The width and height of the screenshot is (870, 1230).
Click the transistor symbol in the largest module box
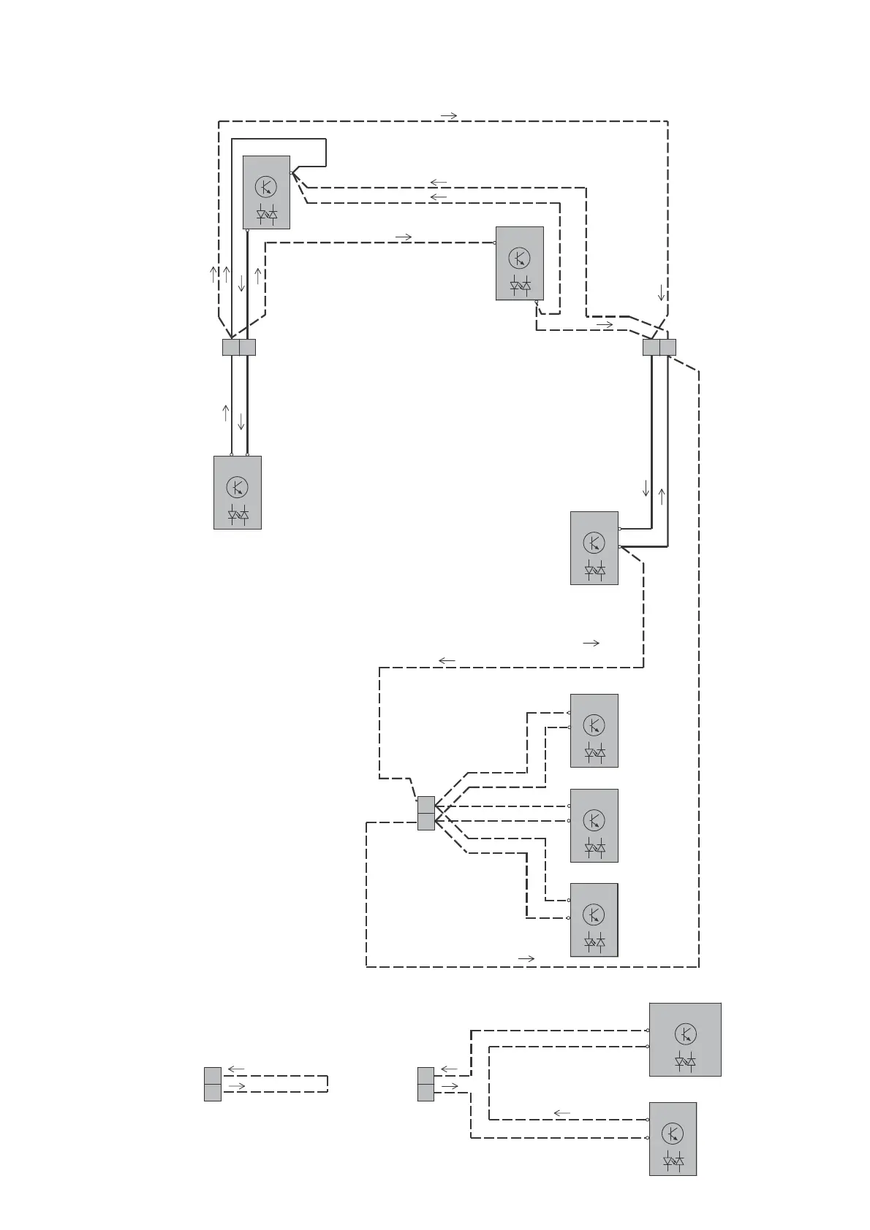(685, 1034)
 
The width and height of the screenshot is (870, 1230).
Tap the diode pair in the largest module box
(685, 1061)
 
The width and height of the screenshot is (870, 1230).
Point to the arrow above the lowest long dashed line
(526, 958)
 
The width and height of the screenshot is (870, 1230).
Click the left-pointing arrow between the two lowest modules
(561, 1113)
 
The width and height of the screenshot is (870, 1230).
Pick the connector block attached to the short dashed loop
(213, 1084)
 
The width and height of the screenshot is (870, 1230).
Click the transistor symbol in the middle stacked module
(594, 820)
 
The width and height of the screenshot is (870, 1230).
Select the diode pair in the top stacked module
(594, 752)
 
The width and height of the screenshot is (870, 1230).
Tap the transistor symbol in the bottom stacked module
(594, 914)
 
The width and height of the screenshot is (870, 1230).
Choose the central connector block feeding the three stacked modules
(426, 813)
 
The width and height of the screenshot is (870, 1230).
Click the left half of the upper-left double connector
(230, 347)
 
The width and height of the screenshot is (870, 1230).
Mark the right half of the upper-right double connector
(667, 347)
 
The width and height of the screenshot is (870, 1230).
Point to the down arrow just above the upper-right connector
(662, 293)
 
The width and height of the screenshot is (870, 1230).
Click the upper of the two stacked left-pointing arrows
(439, 182)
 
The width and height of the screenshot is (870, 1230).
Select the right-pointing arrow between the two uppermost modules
(403, 237)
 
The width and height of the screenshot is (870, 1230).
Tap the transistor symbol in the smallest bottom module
(673, 1134)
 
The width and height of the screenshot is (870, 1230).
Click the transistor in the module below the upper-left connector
(237, 486)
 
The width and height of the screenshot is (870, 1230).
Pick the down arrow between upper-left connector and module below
(241, 422)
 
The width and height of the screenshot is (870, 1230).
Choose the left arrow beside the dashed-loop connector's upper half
(235, 1069)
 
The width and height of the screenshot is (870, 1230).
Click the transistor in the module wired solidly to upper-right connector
(594, 543)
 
